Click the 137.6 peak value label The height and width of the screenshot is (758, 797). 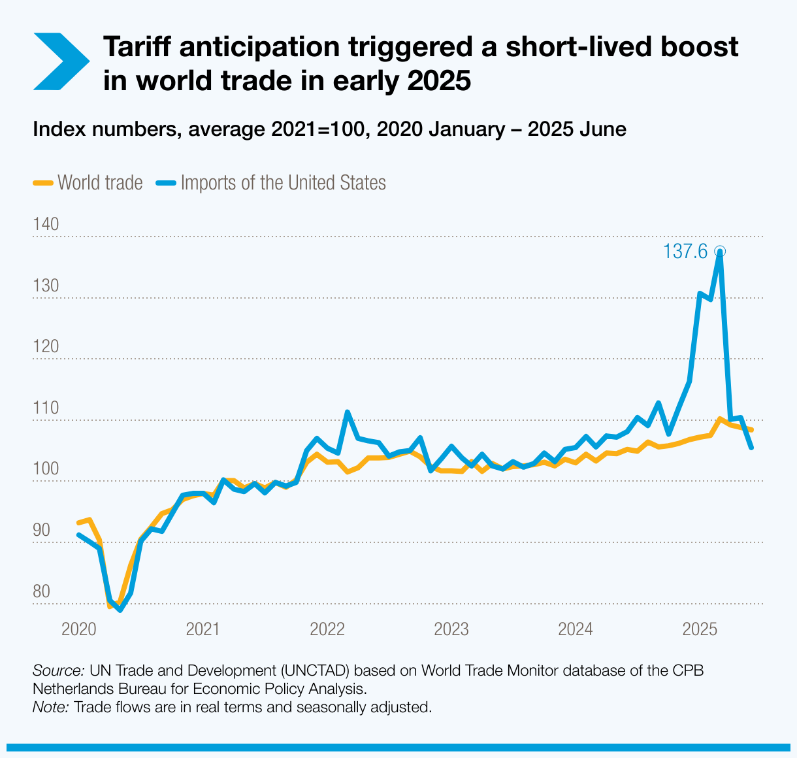tap(685, 252)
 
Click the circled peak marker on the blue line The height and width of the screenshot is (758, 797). tap(719, 251)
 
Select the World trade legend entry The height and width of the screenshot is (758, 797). tap(88, 182)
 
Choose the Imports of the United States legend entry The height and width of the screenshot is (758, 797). tap(271, 182)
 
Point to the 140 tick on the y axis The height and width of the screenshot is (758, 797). tap(46, 224)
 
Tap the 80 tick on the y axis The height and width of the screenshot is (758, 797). tap(41, 591)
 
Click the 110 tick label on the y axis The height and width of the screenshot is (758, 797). tap(46, 408)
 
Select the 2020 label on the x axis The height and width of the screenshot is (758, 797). tap(78, 629)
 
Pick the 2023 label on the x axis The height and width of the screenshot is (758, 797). tap(451, 629)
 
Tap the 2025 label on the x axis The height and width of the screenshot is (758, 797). tap(700, 629)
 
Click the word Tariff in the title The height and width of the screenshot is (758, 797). tap(137, 47)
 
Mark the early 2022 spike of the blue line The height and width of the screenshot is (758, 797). tap(347, 412)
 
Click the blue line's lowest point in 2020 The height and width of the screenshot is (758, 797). tap(120, 610)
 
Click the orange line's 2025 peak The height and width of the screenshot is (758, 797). tap(719, 419)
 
